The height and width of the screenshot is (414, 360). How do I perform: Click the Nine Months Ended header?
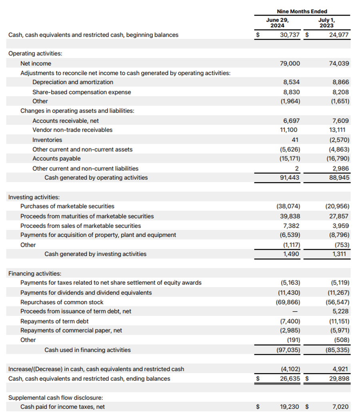pos(302,11)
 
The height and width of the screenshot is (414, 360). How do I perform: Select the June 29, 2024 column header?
pos(277,22)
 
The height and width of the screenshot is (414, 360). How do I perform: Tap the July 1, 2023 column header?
pos(326,22)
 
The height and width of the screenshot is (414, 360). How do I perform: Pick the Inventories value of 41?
pos(296,140)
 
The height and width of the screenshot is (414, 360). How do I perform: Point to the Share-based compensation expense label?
pos(82,92)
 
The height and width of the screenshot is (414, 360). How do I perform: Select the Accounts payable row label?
pos(56,159)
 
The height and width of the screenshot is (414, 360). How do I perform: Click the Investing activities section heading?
pos(34,197)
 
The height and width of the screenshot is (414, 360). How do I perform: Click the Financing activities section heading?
pos(35,273)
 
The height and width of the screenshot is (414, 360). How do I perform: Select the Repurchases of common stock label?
pos(62,302)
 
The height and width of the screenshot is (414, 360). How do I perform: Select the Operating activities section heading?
pos(35,53)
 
